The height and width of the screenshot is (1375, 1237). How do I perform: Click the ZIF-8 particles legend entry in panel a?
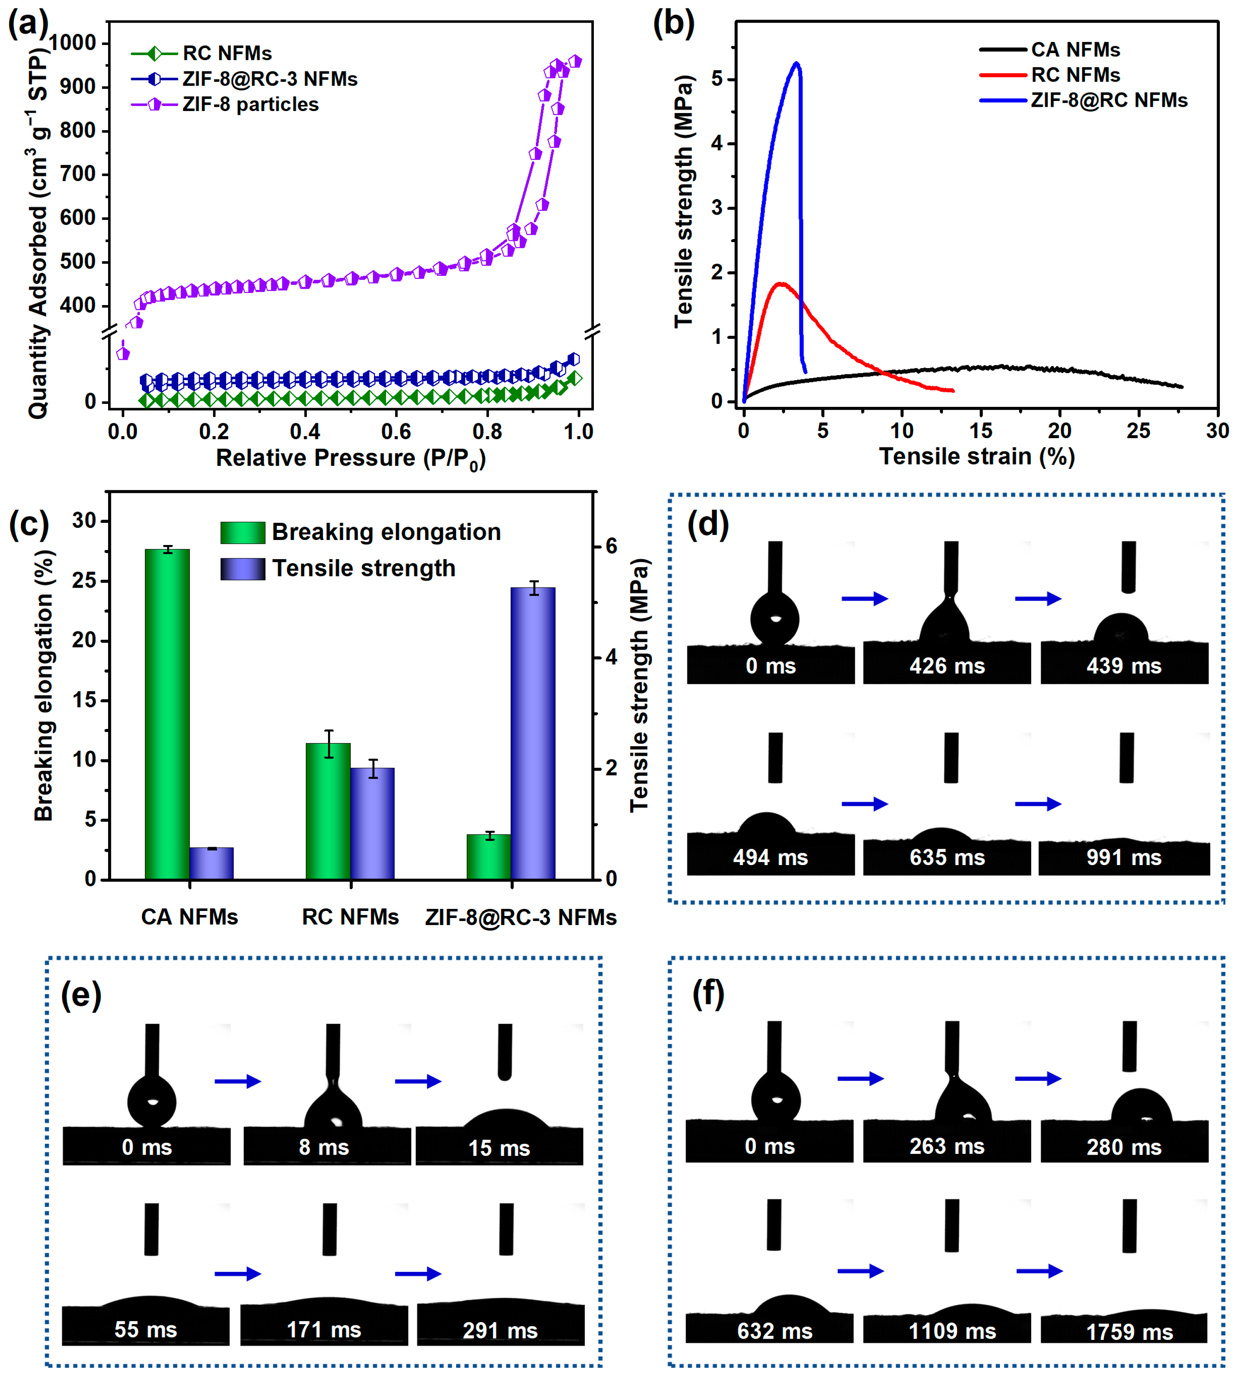click(x=250, y=105)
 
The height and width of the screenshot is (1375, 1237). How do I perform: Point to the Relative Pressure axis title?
click(x=351, y=459)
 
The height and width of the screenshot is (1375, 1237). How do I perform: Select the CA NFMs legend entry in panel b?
click(x=1075, y=50)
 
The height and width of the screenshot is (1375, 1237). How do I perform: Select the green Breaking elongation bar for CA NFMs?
click(x=167, y=714)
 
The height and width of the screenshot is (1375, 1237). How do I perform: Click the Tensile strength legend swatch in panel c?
click(x=242, y=569)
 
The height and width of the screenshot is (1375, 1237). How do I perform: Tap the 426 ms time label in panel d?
click(x=947, y=666)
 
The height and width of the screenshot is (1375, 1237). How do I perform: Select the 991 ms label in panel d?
click(x=1123, y=857)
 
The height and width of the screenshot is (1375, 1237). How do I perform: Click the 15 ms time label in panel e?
click(x=499, y=1148)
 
